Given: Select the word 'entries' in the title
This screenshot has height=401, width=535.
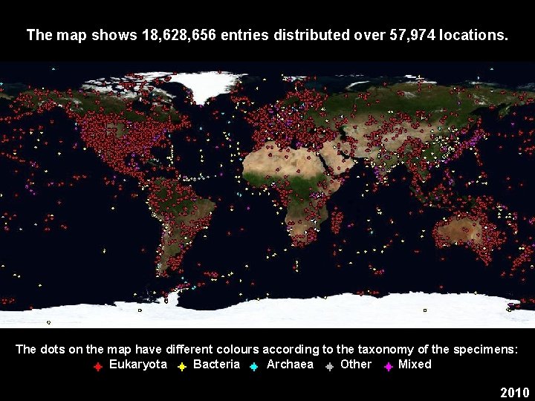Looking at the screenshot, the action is point(246,35).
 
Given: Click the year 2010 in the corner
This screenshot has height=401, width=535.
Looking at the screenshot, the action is point(515,393).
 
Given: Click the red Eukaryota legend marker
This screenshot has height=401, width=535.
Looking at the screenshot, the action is point(97,366).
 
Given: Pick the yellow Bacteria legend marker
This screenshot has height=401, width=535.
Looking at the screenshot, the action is point(182,366).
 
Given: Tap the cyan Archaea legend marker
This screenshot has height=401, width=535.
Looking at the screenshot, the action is point(254,366).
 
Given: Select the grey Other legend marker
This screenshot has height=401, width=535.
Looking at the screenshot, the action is point(328,366).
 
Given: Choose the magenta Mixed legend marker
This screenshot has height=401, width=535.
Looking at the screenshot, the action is point(388,366).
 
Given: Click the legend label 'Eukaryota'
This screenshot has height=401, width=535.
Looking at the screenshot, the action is point(138,365).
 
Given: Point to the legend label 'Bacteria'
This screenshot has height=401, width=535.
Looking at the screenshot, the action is point(216,365).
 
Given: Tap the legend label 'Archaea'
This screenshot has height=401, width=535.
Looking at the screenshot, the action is point(290,365).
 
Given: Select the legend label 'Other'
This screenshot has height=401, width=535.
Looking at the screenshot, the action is point(356,365).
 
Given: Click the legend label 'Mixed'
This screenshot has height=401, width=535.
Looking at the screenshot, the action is point(415,365).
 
